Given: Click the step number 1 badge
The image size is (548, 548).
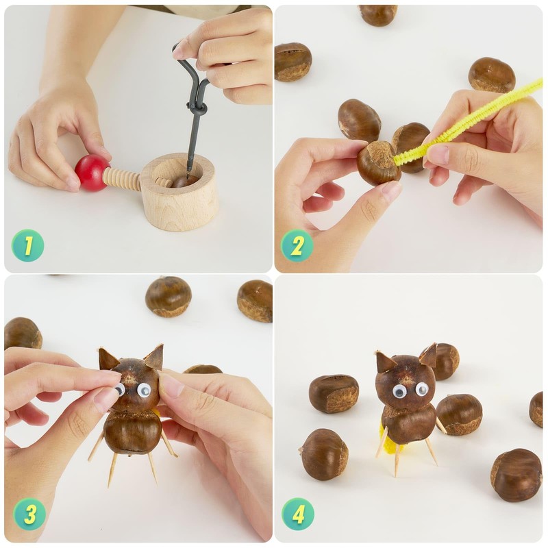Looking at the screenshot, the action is (x=27, y=245).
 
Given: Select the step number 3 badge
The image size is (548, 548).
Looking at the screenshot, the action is (x=29, y=514).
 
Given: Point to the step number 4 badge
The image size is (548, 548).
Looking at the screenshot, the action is (x=298, y=514).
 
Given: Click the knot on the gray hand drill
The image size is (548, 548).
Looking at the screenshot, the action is (x=197, y=110).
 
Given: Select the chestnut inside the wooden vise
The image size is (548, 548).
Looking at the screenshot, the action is (x=184, y=181).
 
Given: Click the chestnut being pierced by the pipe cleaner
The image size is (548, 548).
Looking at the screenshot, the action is (x=379, y=163).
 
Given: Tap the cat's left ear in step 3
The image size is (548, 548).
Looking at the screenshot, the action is (x=108, y=358).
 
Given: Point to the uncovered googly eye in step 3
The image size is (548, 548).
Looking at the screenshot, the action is (x=144, y=390).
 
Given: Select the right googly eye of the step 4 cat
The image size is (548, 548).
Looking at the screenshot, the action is (x=422, y=388).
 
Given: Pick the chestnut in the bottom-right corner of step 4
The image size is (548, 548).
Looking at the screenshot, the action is (x=516, y=475).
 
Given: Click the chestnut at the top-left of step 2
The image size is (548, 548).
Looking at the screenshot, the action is (x=293, y=62).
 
